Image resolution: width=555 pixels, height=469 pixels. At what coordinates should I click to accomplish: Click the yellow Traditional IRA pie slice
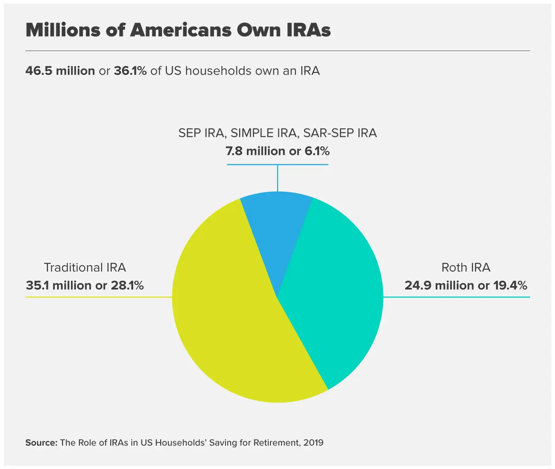point(230,317)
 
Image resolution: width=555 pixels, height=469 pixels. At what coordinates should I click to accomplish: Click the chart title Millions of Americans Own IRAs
point(178,30)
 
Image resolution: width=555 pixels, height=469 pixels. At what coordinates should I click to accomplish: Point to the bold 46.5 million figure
point(60,71)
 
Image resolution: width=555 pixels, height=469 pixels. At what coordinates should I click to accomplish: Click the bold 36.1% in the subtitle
point(130,71)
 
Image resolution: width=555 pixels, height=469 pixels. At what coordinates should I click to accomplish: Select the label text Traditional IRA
point(85,268)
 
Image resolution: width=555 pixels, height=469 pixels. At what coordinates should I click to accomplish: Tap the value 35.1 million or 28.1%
point(85,285)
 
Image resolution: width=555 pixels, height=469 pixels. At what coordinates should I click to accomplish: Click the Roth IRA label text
point(466,268)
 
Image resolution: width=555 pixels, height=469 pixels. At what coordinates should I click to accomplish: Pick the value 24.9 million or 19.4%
point(466,285)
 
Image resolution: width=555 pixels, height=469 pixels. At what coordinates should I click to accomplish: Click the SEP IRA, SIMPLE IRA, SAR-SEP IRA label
point(277,133)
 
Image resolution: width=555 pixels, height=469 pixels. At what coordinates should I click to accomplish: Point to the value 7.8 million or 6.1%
point(277,151)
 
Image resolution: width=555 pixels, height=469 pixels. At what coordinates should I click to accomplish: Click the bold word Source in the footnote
point(41,442)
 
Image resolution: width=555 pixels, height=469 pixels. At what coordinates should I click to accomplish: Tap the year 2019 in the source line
point(313,442)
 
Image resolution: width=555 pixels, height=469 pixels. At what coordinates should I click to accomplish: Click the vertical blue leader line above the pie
point(277,178)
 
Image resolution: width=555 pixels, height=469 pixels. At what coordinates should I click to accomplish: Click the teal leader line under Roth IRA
point(456,297)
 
